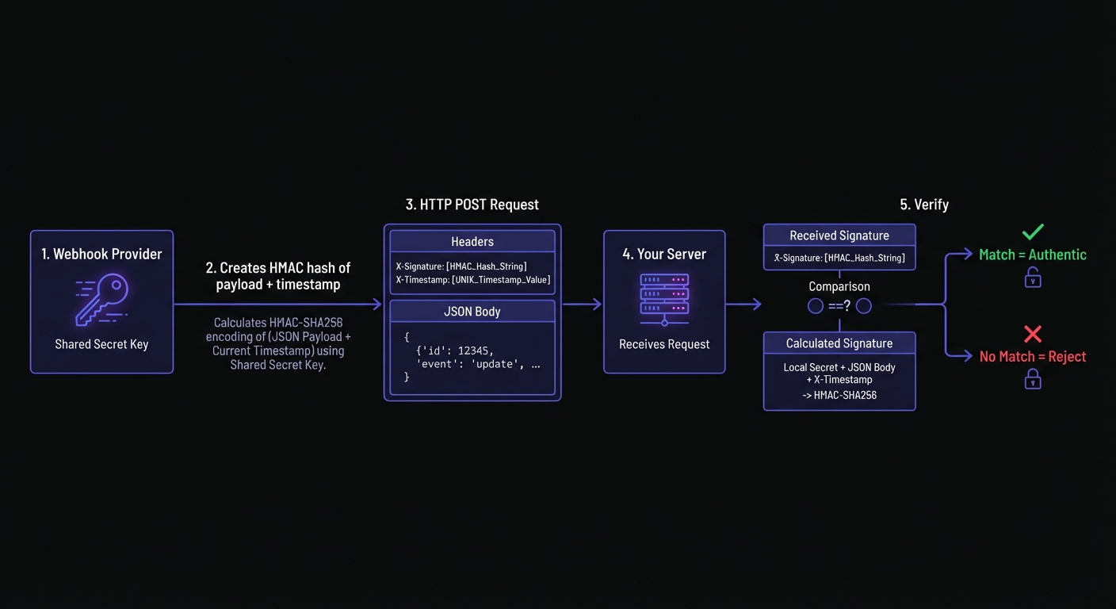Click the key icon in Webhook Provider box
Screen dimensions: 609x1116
click(x=102, y=300)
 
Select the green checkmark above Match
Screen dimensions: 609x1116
click(x=1033, y=232)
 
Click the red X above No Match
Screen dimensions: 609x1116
click(x=1033, y=334)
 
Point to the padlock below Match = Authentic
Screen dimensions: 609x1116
click(x=1033, y=277)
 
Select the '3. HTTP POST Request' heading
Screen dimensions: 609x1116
click(x=472, y=205)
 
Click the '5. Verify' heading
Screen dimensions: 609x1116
click(x=924, y=205)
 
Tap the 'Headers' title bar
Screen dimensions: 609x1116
click(x=472, y=242)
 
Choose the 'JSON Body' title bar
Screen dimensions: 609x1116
click(x=472, y=312)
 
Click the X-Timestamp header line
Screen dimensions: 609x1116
click(x=472, y=280)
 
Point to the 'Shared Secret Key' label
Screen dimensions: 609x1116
click(x=101, y=344)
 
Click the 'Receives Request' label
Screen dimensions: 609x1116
click(x=664, y=344)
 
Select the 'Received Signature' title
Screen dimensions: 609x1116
click(x=839, y=236)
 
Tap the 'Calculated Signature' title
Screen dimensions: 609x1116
click(x=839, y=343)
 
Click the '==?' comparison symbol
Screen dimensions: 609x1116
click(x=839, y=306)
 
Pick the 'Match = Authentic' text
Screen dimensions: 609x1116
click(x=1032, y=255)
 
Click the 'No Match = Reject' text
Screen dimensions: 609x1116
click(x=1032, y=357)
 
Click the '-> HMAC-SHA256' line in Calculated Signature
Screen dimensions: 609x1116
click(x=839, y=395)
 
